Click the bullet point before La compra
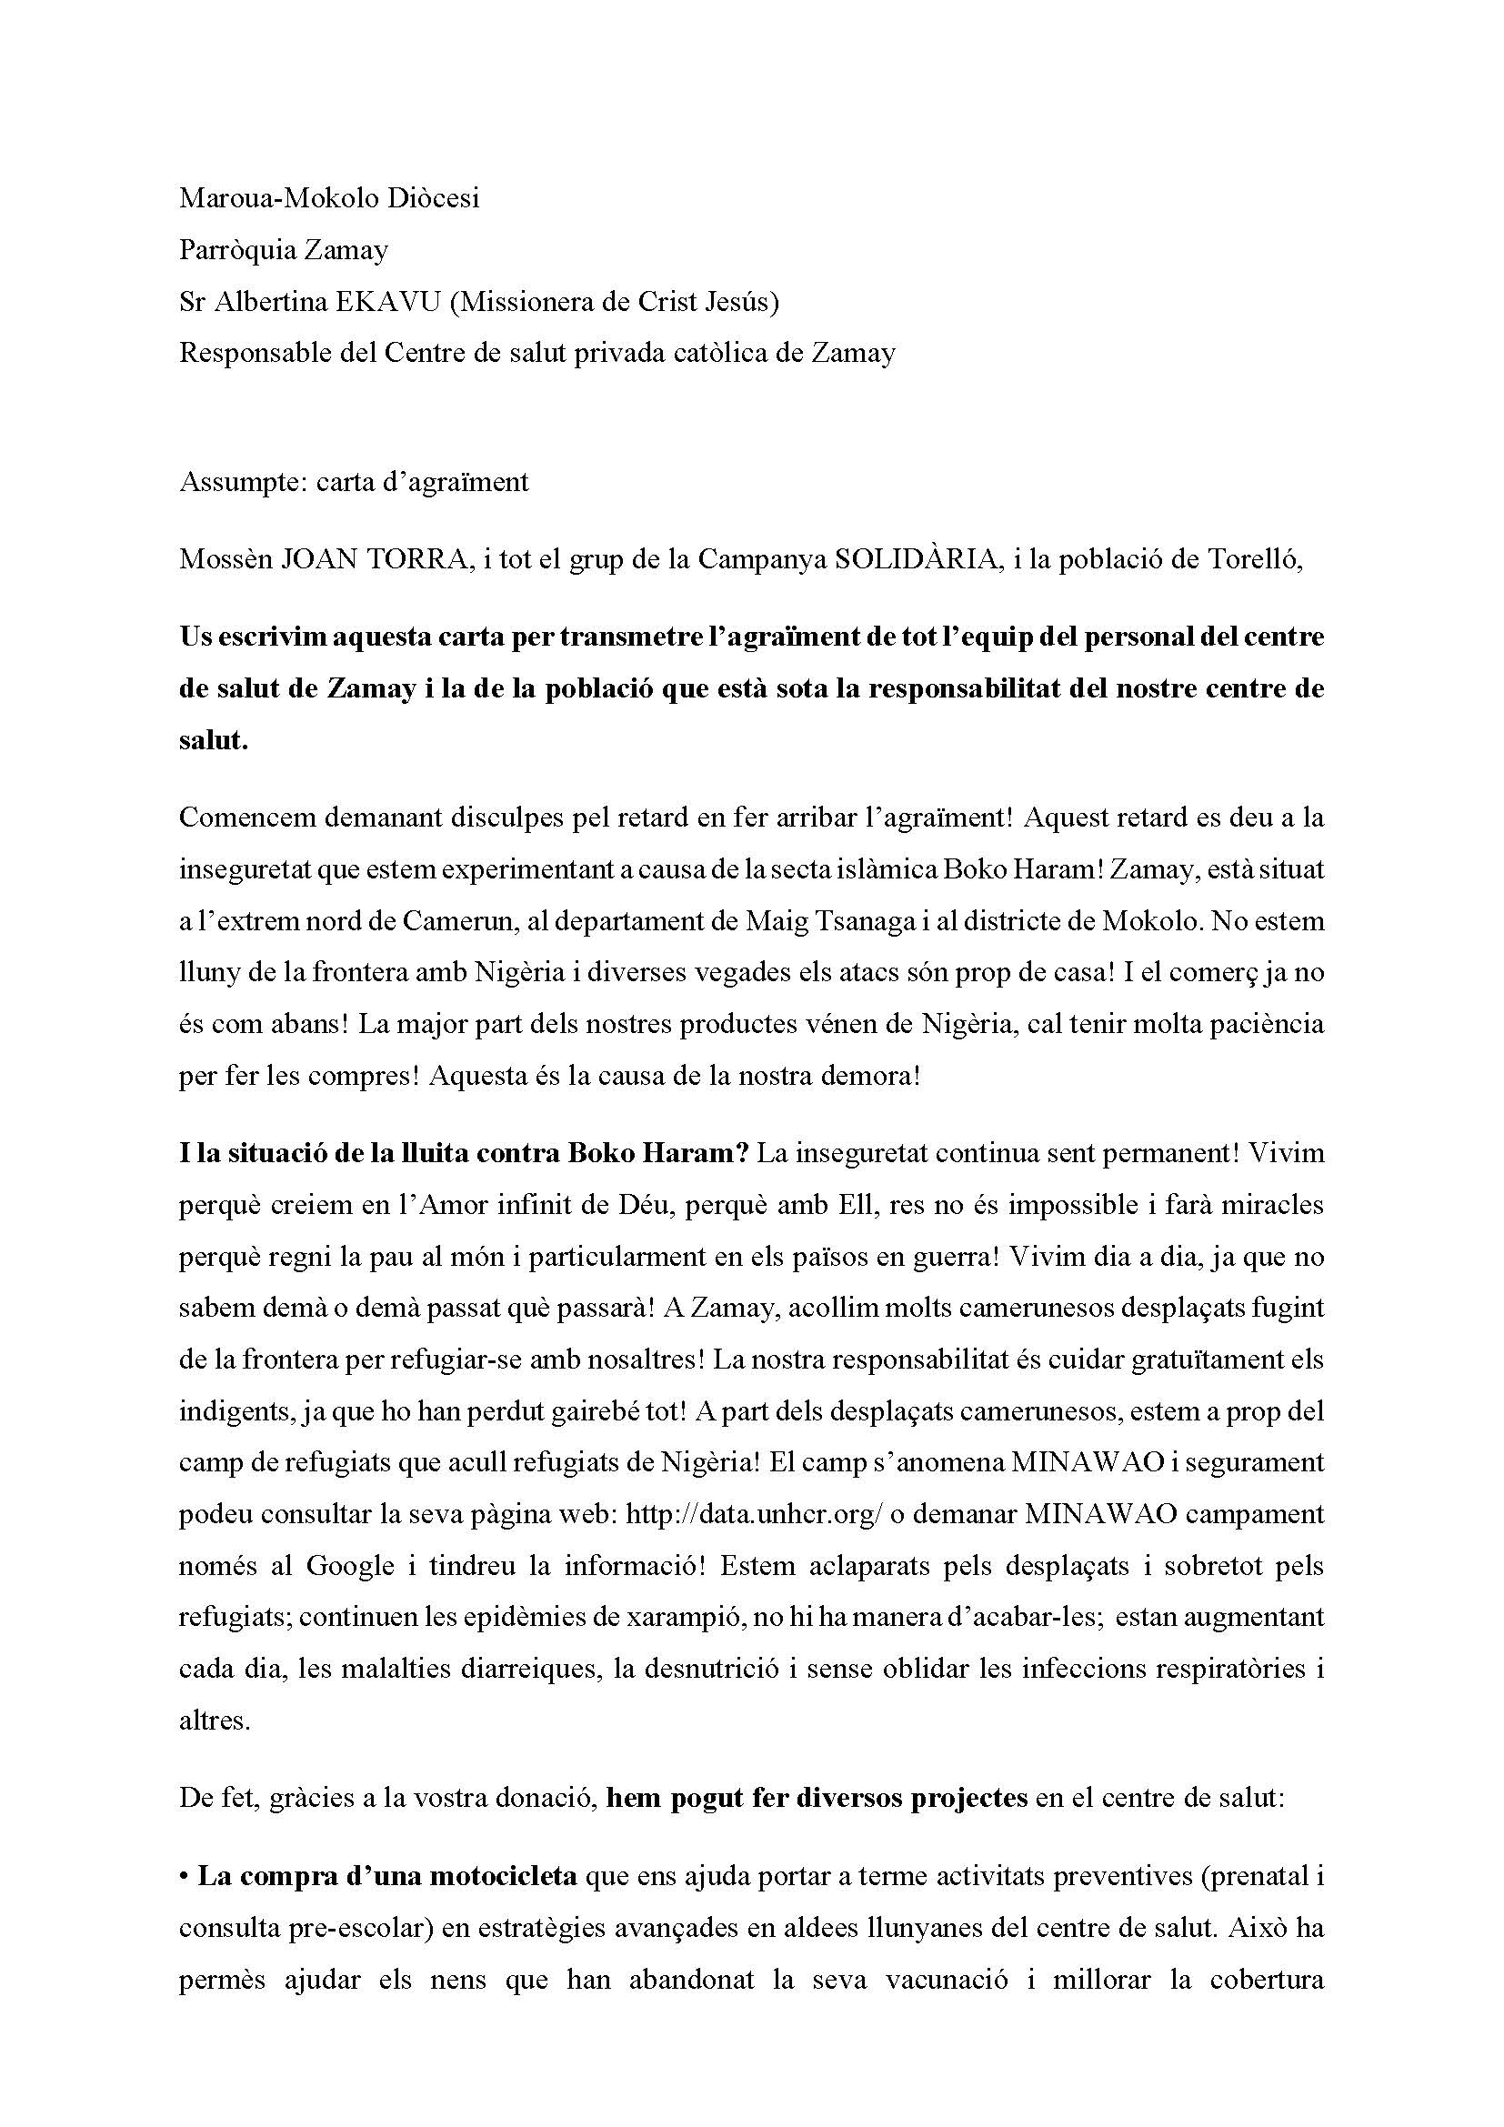point(185,1877)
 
